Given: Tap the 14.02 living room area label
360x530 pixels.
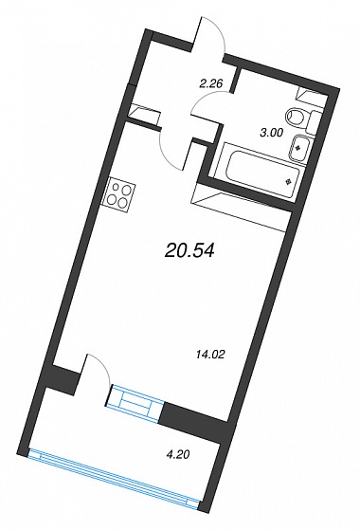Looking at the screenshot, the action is [210, 355].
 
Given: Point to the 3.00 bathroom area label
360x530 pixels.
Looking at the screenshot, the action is [271, 133].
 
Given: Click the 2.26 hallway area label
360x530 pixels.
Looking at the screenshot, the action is [211, 82].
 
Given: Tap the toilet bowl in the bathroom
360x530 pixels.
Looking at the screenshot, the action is [296, 116].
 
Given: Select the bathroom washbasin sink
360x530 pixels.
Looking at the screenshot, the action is [297, 148].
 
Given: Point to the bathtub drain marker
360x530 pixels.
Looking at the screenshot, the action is [288, 182].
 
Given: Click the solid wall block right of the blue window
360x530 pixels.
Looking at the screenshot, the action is [194, 418].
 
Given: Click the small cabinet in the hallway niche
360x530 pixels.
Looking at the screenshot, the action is [143, 112].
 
